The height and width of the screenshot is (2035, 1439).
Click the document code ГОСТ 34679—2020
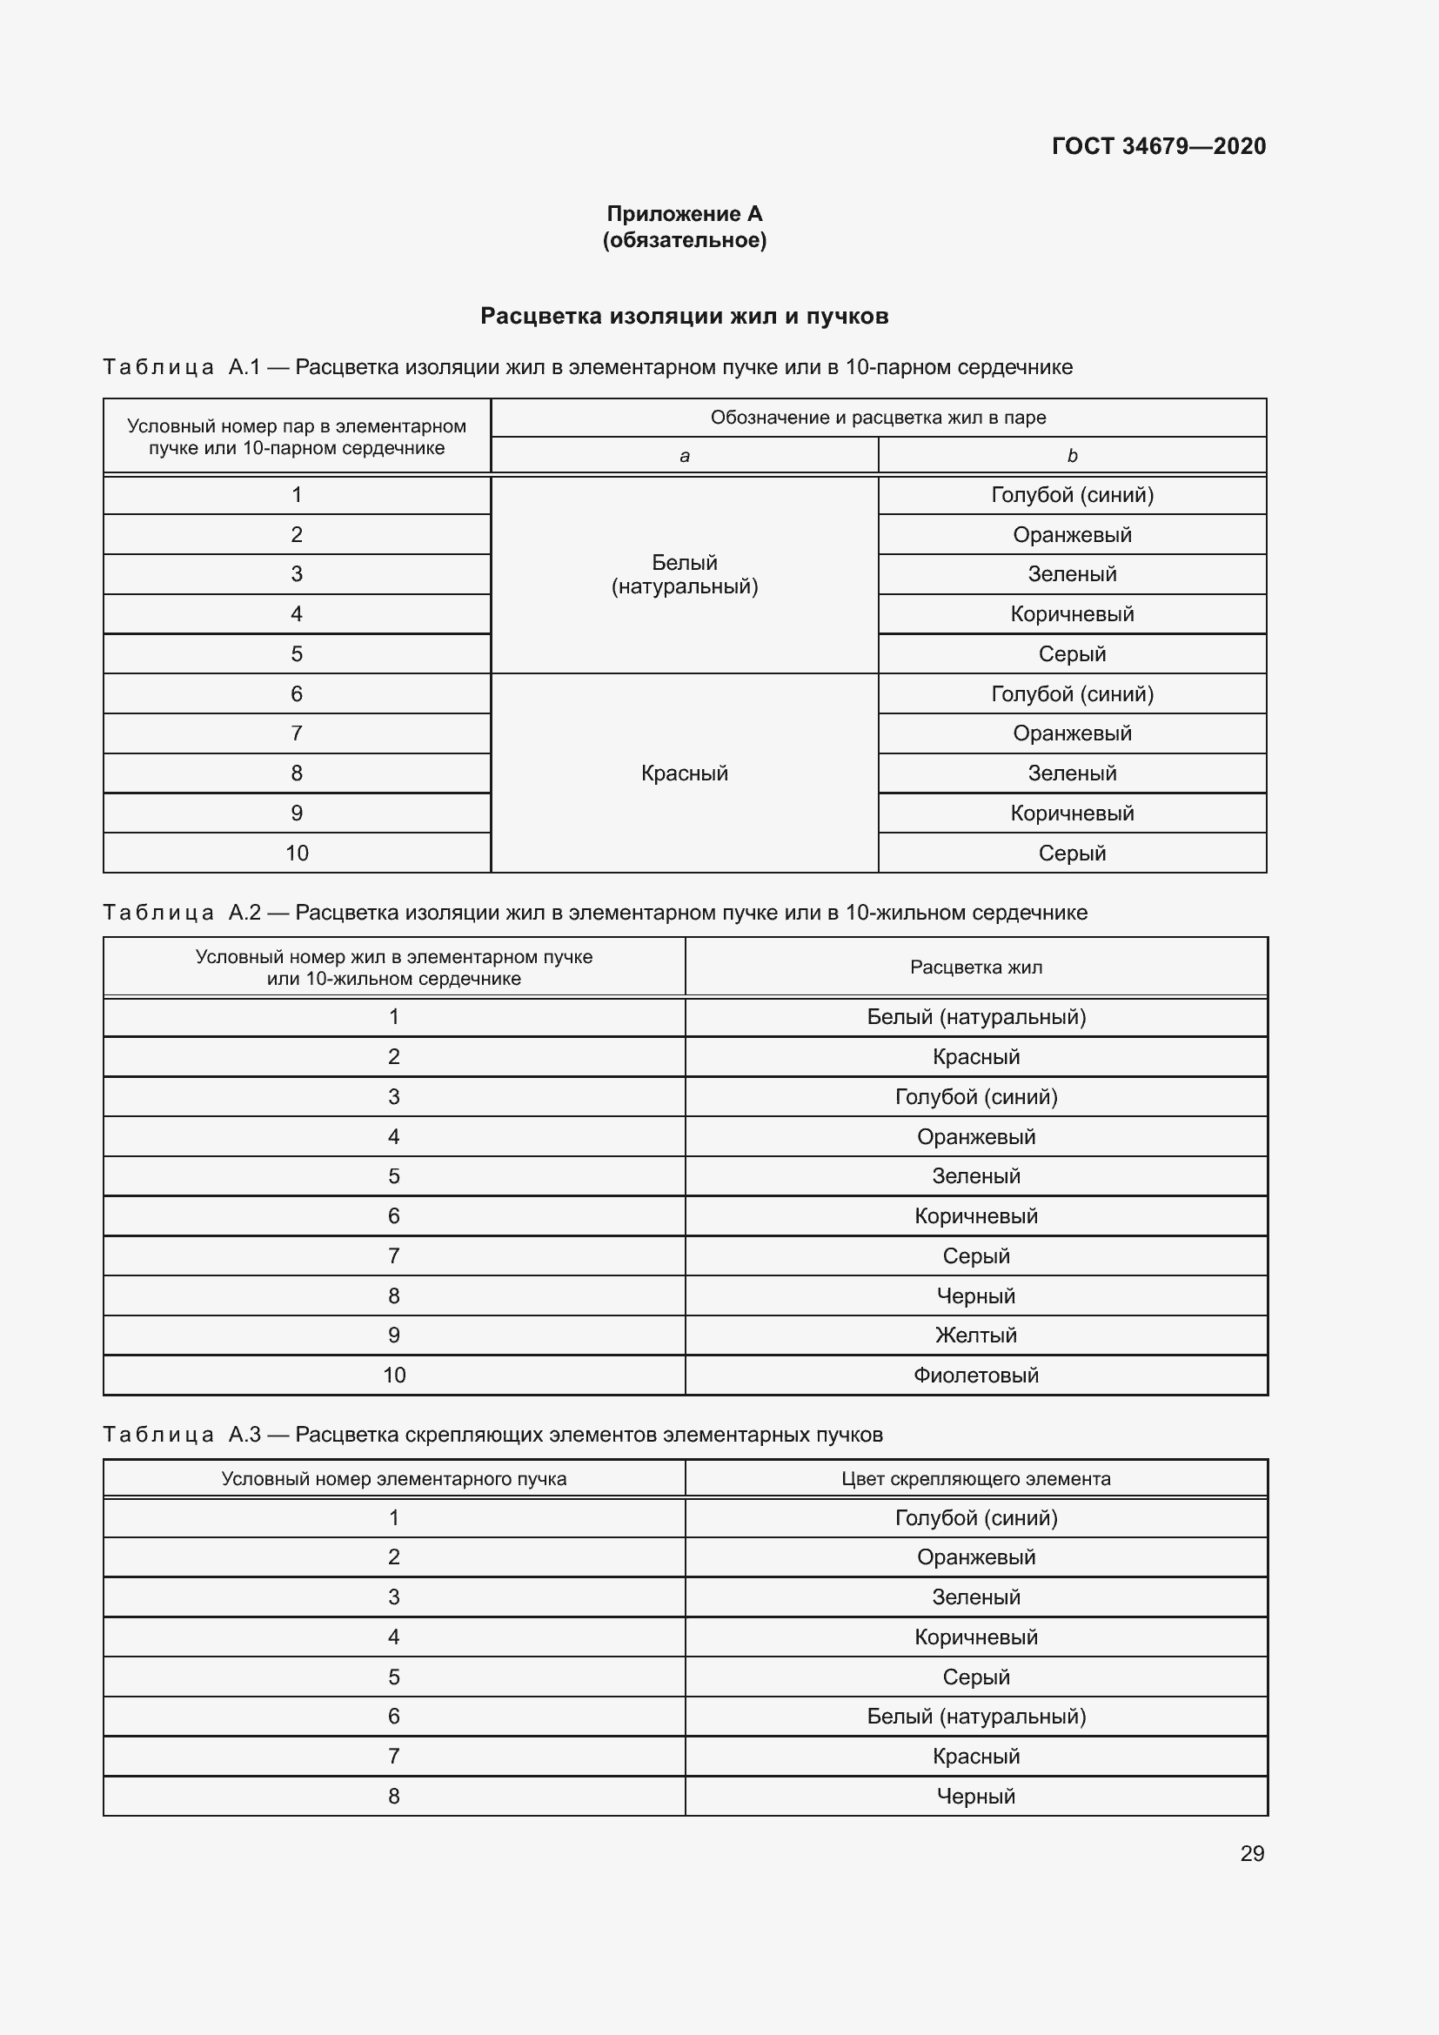coord(1158,146)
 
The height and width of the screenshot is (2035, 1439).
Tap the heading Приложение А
coord(684,214)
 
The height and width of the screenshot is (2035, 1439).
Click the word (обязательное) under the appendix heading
coord(684,240)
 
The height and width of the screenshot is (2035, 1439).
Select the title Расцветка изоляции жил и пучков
coord(684,317)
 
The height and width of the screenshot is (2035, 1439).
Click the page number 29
coord(1251,1853)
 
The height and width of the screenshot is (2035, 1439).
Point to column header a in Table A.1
coord(684,457)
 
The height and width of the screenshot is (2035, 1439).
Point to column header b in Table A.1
coord(1071,457)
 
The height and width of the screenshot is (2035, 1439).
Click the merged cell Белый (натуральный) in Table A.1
coord(684,574)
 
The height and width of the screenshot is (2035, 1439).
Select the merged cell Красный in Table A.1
coord(684,773)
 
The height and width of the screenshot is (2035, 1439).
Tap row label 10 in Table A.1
coord(297,853)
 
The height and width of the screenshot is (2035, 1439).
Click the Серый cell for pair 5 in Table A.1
coord(1071,654)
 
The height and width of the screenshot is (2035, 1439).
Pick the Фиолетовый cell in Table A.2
coord(975,1376)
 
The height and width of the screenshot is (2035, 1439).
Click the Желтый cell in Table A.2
coord(975,1335)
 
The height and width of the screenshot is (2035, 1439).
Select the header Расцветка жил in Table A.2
coord(975,967)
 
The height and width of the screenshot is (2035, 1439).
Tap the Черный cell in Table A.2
coord(975,1295)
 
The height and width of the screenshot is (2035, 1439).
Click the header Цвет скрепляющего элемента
coord(975,1478)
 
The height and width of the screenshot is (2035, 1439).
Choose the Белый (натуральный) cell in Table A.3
coord(975,1716)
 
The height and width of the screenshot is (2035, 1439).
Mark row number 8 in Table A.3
coord(393,1796)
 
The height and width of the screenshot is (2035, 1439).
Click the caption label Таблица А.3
coord(182,1434)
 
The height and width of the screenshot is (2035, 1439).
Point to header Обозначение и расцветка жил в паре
coord(877,418)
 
